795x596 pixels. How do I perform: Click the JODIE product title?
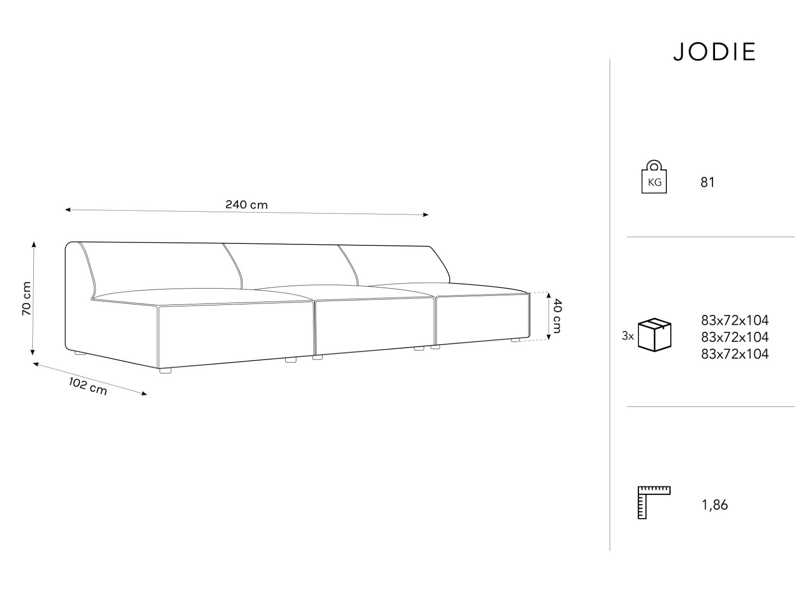tap(715, 52)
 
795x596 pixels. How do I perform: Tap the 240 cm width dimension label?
tap(246, 205)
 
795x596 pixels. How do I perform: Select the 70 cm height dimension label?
tap(26, 298)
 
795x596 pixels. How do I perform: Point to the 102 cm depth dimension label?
tap(88, 386)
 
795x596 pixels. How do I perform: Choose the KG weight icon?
tap(654, 177)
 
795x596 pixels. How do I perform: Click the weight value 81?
tap(707, 183)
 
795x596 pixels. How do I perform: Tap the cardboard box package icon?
tap(654, 334)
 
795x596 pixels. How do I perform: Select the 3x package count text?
tap(628, 336)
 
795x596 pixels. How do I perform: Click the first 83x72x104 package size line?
tap(735, 320)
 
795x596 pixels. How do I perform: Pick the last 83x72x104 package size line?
tap(735, 354)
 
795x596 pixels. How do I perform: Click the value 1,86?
tap(715, 505)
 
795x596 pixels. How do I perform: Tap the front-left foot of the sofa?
tap(165, 370)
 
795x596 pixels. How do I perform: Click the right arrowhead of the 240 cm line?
tap(426, 215)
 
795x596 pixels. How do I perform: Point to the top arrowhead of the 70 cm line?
tap(34, 244)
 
